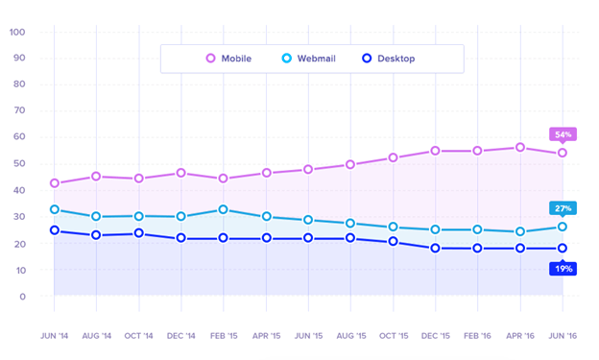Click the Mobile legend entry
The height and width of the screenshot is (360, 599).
click(228, 59)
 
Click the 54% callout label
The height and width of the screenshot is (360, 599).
click(563, 134)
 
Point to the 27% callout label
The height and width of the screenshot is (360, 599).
click(563, 208)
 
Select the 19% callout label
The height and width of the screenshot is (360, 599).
click(563, 269)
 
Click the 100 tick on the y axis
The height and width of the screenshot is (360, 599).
click(17, 32)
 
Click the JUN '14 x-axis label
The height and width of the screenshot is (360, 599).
click(55, 337)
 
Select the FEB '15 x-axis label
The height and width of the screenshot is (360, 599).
click(223, 337)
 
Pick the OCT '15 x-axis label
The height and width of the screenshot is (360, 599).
click(393, 337)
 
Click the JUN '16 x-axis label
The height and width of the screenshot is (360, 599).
click(563, 337)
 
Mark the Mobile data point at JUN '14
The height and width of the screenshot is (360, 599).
click(55, 183)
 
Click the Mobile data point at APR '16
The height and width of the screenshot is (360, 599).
click(520, 148)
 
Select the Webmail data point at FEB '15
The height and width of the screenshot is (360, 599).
click(223, 209)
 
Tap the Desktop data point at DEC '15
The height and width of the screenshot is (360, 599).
click(435, 249)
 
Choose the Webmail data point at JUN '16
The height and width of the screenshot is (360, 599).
click(563, 228)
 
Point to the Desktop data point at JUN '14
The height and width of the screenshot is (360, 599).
click(55, 230)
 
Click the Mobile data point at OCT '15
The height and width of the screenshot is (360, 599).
click(393, 157)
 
